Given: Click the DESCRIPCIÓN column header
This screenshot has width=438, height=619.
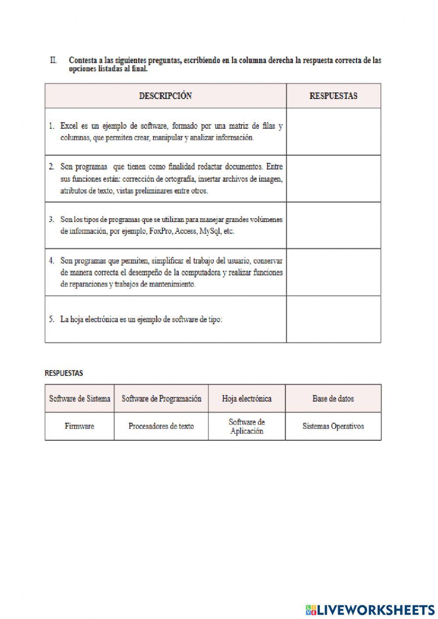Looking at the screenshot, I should (x=165, y=96).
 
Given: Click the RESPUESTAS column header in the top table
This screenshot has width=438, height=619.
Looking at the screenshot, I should (x=333, y=96).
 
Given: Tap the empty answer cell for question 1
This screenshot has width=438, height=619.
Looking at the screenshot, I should (x=333, y=132).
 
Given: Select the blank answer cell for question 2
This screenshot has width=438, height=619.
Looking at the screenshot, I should (x=333, y=179).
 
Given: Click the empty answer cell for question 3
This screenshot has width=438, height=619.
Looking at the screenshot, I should (x=333, y=226).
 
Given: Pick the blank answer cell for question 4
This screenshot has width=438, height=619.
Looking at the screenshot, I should (x=333, y=272).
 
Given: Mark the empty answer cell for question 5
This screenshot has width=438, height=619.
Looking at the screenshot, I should (x=333, y=319).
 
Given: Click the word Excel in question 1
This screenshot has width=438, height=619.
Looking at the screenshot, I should (x=69, y=126).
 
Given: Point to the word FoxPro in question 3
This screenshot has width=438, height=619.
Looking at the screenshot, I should (x=160, y=231).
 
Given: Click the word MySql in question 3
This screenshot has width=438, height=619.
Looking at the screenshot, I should (x=209, y=231).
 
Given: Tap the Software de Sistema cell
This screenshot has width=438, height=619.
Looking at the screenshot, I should (x=80, y=399).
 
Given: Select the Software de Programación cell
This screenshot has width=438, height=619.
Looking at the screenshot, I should (x=161, y=399).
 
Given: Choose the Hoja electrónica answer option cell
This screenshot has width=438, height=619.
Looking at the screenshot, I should (x=247, y=399).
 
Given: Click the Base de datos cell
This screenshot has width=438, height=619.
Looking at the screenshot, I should (x=333, y=399).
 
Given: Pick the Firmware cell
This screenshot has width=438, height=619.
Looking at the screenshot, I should (x=79, y=426).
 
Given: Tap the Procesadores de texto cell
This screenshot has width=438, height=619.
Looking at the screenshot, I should (x=161, y=426).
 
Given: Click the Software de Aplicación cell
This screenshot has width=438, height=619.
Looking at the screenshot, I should (x=247, y=426).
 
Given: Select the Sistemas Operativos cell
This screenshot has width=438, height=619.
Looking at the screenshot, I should (x=333, y=426).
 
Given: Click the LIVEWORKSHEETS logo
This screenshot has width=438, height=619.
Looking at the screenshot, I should (x=370, y=609).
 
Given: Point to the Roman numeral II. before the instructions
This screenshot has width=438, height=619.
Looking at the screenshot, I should (x=53, y=60).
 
